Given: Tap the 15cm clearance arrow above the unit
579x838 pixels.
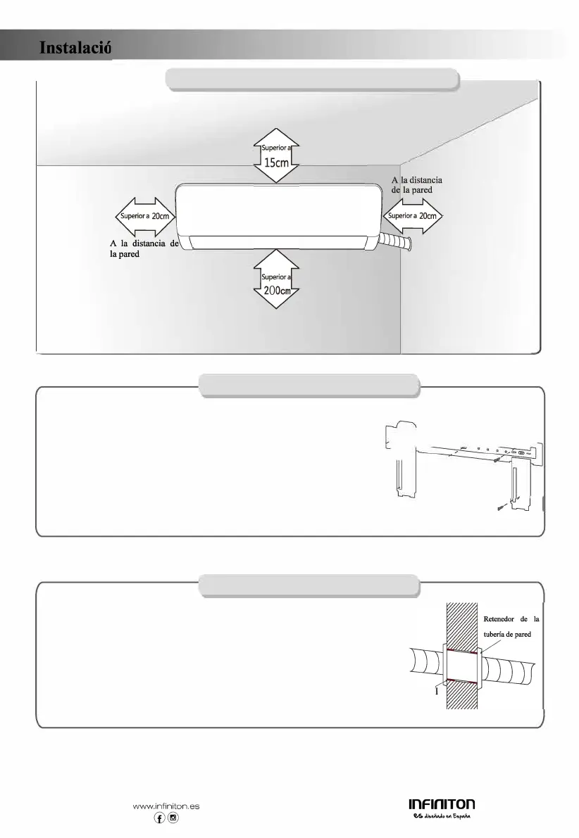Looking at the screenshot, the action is coord(277,155).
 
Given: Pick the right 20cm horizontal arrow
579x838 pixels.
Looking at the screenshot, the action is coord(413,216).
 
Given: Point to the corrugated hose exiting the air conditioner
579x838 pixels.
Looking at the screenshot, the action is coord(397,243).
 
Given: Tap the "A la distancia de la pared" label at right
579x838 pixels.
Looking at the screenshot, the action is coord(416,185).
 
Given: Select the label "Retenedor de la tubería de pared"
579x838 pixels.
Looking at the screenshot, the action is coord(511,626).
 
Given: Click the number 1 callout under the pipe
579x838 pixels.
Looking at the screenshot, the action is coord(437,691).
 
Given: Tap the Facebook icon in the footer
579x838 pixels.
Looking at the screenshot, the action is coord(160,818).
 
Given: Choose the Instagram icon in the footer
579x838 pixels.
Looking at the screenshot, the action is coord(173,818).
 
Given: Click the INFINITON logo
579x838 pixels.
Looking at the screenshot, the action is coord(442,804).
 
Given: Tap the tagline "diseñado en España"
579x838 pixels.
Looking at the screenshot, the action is coord(449,816).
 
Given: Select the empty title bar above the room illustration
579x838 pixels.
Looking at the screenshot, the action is coord(312,79).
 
